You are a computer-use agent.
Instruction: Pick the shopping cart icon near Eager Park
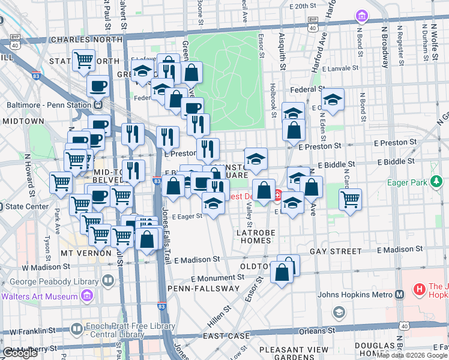[350, 200]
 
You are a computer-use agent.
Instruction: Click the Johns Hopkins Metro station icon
[399, 294]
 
